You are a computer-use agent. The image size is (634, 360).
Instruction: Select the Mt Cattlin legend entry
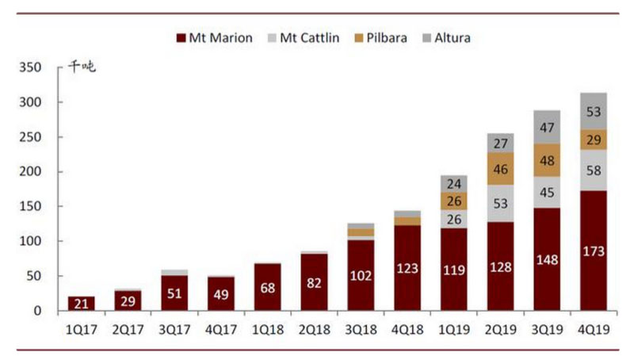[307, 37]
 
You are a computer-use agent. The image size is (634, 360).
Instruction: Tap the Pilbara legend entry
[383, 37]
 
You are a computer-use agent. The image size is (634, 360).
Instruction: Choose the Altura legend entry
[448, 37]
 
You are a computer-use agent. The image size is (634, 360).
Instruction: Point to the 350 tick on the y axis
[34, 68]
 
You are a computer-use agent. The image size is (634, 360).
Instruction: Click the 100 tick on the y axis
[34, 241]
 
